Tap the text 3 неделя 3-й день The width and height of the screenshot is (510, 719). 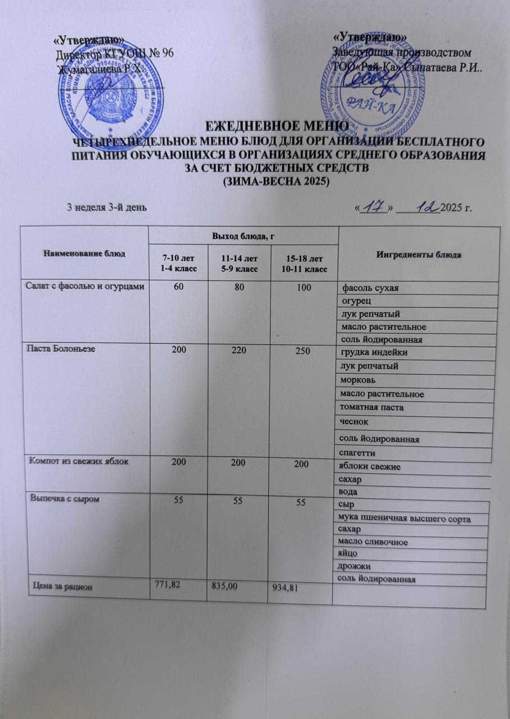click(107, 207)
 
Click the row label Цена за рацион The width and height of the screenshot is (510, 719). click(62, 586)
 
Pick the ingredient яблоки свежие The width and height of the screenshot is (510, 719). click(370, 467)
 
